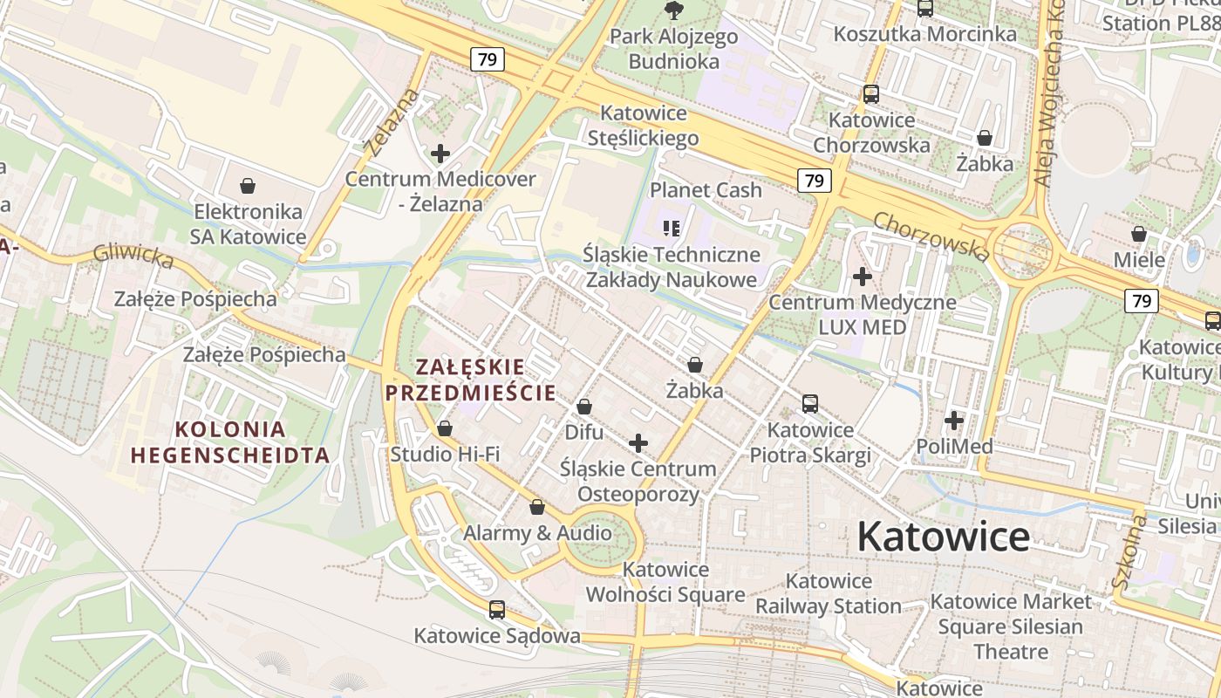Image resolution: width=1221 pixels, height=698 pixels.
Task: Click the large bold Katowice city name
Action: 943,537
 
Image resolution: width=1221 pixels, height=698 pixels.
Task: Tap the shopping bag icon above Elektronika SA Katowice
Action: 248,186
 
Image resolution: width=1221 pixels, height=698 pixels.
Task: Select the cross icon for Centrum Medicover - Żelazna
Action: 440,154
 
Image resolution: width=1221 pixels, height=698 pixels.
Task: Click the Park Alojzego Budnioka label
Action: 673,49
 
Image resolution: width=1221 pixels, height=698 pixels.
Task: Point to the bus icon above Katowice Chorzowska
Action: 870,94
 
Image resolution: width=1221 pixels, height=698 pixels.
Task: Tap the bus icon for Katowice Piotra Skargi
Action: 810,404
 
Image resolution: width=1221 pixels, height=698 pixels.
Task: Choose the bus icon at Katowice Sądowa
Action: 497,610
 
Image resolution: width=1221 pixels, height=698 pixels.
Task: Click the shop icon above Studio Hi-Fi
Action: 445,428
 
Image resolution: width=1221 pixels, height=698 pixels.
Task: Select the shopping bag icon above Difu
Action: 584,407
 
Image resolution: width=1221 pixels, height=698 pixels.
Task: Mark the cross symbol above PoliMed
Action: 954,421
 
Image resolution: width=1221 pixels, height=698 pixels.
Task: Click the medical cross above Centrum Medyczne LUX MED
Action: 863,277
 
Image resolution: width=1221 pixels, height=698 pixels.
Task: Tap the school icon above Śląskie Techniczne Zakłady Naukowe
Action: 672,229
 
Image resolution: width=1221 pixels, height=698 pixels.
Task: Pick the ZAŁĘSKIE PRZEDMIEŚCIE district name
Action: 470,380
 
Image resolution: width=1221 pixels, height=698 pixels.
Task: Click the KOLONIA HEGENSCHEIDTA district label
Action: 230,442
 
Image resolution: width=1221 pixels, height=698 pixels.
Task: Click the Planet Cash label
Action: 706,190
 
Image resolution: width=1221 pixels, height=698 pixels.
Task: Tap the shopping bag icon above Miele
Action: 1139,234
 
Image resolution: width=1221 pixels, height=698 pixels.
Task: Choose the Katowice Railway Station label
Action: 829,593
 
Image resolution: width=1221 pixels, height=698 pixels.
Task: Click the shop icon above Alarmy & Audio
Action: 537,507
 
